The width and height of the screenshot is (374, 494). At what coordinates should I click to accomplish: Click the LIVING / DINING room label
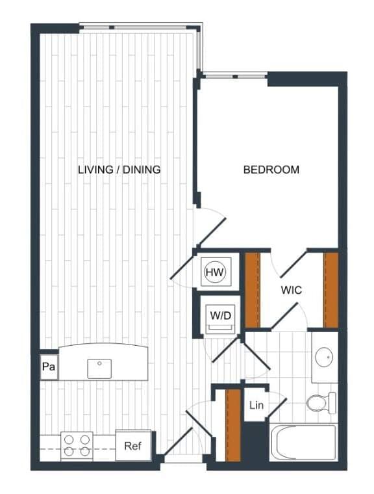coord(119,170)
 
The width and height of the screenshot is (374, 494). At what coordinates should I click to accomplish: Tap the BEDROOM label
coord(271,170)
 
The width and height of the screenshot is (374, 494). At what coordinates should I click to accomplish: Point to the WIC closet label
coord(291,290)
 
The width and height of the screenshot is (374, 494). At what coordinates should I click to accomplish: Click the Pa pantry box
coord(47,367)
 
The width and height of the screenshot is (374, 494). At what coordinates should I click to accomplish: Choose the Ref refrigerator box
coord(133,446)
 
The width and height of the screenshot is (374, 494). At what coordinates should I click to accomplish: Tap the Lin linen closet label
coord(256,406)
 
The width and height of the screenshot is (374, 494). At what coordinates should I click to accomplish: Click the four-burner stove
coord(76,447)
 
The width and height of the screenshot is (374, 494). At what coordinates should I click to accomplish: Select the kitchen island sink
coord(99,369)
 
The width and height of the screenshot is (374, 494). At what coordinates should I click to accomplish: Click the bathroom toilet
coord(321,403)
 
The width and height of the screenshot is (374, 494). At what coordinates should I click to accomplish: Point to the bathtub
coord(304,443)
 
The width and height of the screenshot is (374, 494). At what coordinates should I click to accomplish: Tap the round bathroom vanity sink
coord(324,357)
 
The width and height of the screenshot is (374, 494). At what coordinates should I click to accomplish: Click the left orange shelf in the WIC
coord(252,290)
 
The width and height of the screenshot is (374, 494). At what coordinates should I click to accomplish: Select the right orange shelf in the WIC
coord(331,290)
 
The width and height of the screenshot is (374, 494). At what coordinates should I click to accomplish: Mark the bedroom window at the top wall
coord(235,76)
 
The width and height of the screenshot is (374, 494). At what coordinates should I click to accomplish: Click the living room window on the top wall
coord(138,27)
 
